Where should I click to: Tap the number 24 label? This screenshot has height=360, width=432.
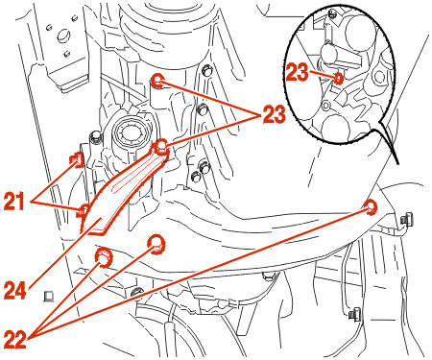pyautogui.click(x=15, y=291)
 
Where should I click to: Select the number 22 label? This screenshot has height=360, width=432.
pyautogui.click(x=15, y=340)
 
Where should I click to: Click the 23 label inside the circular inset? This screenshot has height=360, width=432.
pyautogui.click(x=298, y=72)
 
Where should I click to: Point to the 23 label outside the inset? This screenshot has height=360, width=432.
pyautogui.click(x=274, y=114)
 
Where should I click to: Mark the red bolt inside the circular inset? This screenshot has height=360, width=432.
pyautogui.click(x=338, y=78)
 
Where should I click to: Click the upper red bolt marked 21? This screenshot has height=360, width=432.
pyautogui.click(x=77, y=159)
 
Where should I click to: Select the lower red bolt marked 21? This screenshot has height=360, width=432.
pyautogui.click(x=84, y=211)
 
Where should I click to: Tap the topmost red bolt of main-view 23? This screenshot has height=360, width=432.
pyautogui.click(x=157, y=81)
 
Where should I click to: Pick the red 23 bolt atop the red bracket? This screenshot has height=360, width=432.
pyautogui.click(x=160, y=146)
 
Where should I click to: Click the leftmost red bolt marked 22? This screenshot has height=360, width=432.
pyautogui.click(x=104, y=257)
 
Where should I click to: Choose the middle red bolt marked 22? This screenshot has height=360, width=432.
pyautogui.click(x=156, y=245)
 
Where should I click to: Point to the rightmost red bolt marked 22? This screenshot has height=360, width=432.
pyautogui.click(x=371, y=206)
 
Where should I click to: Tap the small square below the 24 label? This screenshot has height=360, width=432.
pyautogui.click(x=49, y=296)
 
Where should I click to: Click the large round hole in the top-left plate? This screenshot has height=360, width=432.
pyautogui.click(x=63, y=36)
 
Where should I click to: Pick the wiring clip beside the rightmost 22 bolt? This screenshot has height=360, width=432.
pyautogui.click(x=405, y=220)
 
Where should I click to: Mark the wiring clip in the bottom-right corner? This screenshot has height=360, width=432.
pyautogui.click(x=354, y=314)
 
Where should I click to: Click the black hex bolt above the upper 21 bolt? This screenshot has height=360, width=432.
pyautogui.click(x=96, y=137)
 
